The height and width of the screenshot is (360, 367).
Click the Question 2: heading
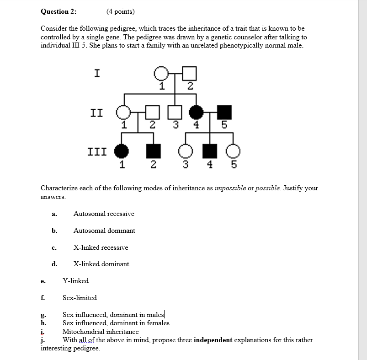coord(59,11)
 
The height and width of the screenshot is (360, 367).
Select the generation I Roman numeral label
coord(97,73)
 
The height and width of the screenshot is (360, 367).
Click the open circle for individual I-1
coord(160,73)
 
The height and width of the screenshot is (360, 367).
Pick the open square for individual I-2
coord(190,73)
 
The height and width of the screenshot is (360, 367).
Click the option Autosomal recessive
coord(104,214)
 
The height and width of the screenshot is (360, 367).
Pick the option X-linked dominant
coord(101,264)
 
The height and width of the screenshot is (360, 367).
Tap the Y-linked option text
coord(75,281)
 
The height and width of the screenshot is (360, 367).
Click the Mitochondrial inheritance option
coord(100,332)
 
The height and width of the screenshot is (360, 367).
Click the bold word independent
coord(213,340)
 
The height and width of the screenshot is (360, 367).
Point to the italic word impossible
coord(229,188)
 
